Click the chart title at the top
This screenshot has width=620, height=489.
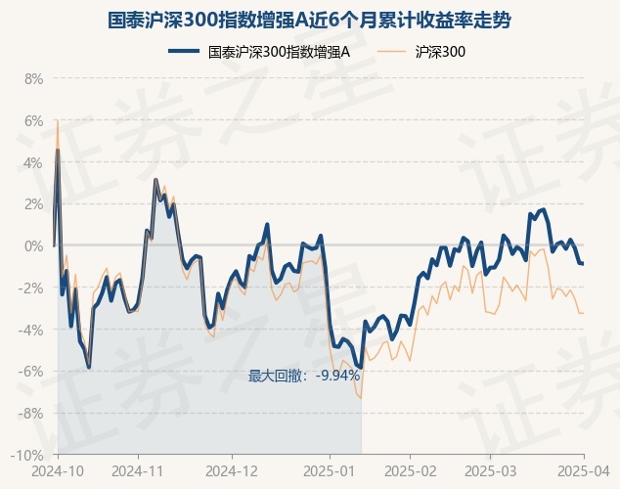click(x=310, y=19)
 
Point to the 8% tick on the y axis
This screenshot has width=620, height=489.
click(x=33, y=78)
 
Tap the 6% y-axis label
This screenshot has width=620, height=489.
click(x=33, y=120)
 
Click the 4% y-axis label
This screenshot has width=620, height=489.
click(x=33, y=162)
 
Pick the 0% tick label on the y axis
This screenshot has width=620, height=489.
click(x=33, y=245)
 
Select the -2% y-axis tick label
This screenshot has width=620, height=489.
click(x=31, y=288)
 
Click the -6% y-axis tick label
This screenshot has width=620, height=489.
click(x=31, y=372)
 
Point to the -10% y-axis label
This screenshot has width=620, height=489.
click(x=28, y=456)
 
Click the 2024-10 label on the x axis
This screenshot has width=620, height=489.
click(x=58, y=471)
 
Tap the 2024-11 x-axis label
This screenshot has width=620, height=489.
click(x=139, y=471)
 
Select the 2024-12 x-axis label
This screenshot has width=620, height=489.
click(x=232, y=471)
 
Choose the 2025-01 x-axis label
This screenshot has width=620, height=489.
click(x=331, y=471)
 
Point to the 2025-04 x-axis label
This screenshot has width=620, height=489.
click(x=584, y=471)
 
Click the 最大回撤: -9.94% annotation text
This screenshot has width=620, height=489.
click(x=304, y=376)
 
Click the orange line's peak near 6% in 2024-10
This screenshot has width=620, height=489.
click(x=58, y=120)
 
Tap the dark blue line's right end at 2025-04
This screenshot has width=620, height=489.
click(x=584, y=264)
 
